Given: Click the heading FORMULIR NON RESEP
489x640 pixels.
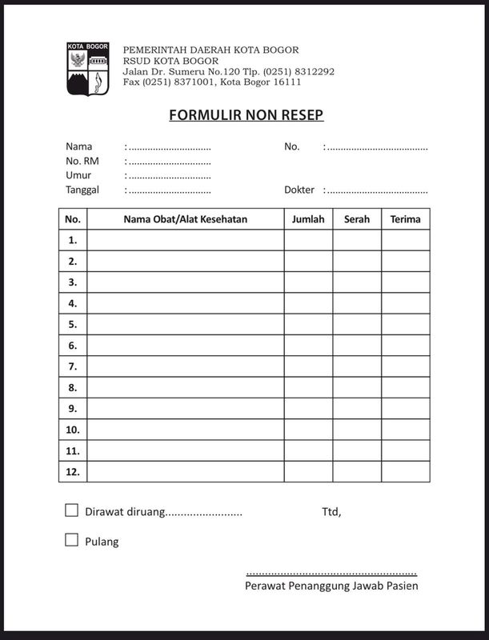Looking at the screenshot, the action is coord(246,115).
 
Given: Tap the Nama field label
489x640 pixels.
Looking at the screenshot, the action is coord(78,146).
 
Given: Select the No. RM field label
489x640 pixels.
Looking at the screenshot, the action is coord(82,161).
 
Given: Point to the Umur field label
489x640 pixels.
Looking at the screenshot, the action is coord(78,175).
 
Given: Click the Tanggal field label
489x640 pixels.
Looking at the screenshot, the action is coord(82,190).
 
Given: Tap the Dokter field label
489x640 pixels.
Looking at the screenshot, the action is coord(299,190).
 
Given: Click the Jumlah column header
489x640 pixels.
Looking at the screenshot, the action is coord(308,218).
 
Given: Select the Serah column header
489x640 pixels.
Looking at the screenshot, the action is coord(357,218).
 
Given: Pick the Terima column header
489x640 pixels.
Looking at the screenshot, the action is coord(405,218).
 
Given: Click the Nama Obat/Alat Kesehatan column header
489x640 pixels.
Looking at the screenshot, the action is coord(185,218).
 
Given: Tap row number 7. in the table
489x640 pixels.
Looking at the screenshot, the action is coord(73,366).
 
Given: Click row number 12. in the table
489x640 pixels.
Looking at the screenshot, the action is coord(73,472).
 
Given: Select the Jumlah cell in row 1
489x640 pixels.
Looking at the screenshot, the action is coord(308,240).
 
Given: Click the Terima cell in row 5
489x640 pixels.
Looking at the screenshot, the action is coord(405,324).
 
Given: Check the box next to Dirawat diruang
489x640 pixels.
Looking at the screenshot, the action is coord(72,510).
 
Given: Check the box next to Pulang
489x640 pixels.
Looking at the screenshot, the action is coord(72,540).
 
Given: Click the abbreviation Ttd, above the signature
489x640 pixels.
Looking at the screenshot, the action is coord(331,512).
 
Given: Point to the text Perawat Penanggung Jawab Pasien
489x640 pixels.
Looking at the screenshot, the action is coord(331,586).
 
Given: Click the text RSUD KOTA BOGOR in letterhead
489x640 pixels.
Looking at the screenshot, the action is coord(170,61).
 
